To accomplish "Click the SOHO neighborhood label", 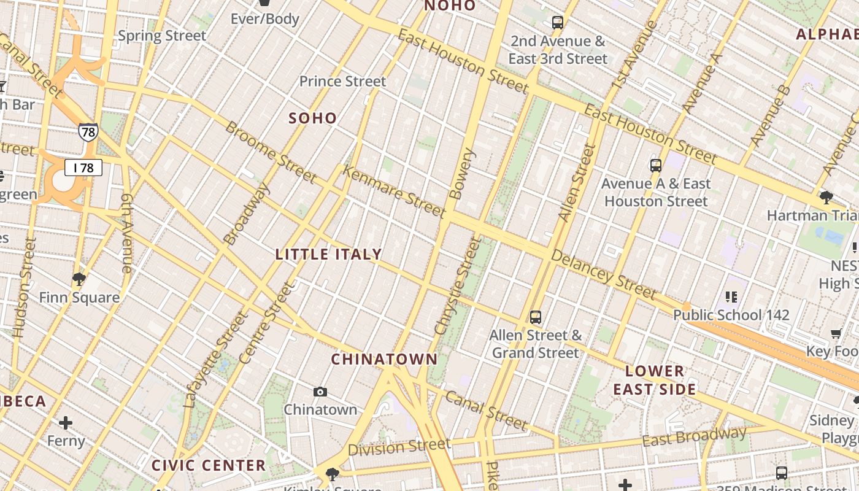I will pyautogui.click(x=313, y=118).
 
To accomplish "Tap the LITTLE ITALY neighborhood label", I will pyautogui.click(x=329, y=254).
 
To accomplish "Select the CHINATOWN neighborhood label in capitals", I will pyautogui.click(x=385, y=359).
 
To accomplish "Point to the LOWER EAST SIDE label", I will pyautogui.click(x=655, y=380).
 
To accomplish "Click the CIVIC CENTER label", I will pyautogui.click(x=209, y=465).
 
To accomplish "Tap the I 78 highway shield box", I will pyautogui.click(x=83, y=168).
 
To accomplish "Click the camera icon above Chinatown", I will pyautogui.click(x=320, y=392).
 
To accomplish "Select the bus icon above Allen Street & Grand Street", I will pyautogui.click(x=536, y=317).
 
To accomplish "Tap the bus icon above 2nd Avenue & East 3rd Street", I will pyautogui.click(x=558, y=23).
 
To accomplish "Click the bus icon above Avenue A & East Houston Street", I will pyautogui.click(x=656, y=165).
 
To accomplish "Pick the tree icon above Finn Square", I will pyautogui.click(x=79, y=280).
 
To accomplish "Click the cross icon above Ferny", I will pyautogui.click(x=66, y=423).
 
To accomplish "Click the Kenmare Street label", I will pyautogui.click(x=393, y=191).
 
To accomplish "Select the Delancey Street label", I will pyautogui.click(x=603, y=273).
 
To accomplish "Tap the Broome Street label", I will pyautogui.click(x=271, y=152).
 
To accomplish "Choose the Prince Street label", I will pyautogui.click(x=342, y=81).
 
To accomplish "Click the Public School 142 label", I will pyautogui.click(x=731, y=315).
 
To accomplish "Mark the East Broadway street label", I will pyautogui.click(x=694, y=437).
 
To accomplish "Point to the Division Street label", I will pyautogui.click(x=399, y=447).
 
